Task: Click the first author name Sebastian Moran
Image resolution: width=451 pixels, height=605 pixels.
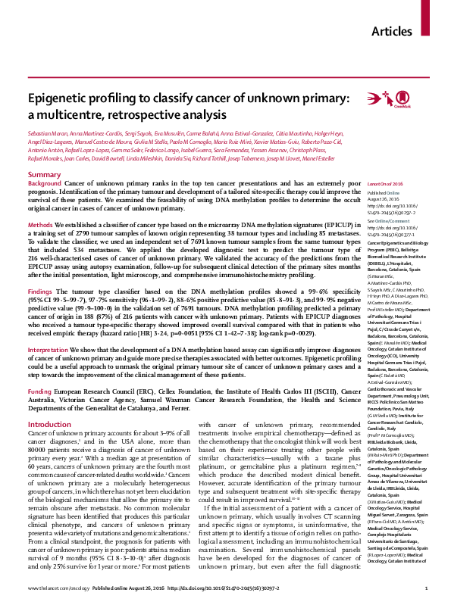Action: [x=45, y=133]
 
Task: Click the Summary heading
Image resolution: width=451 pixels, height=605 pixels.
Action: [x=43, y=174]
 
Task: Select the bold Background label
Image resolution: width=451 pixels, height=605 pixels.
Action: [x=45, y=184]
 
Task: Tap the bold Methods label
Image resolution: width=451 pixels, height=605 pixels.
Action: [x=40, y=226]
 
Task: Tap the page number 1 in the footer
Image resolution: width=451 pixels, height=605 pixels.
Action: [x=428, y=588]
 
